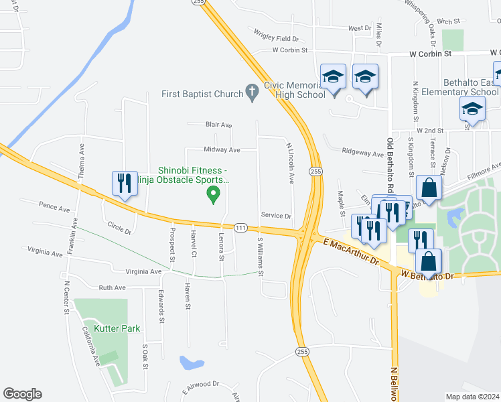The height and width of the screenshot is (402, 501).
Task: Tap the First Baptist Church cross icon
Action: (252, 93)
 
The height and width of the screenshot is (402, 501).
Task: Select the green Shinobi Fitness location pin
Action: (214, 196)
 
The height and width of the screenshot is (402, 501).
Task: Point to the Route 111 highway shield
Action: (240, 228)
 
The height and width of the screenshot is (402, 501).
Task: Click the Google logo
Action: (22, 394)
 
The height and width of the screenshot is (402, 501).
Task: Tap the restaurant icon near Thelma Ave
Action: (124, 183)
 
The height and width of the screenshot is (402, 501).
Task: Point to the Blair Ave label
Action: (218, 125)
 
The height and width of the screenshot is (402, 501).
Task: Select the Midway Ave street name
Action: (222, 150)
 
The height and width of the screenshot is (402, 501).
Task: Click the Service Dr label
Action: (276, 216)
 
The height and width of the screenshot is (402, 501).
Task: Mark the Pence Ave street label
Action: (54, 208)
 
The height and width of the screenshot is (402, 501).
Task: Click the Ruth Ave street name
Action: (112, 287)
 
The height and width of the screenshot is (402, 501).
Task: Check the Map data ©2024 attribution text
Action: (473, 397)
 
